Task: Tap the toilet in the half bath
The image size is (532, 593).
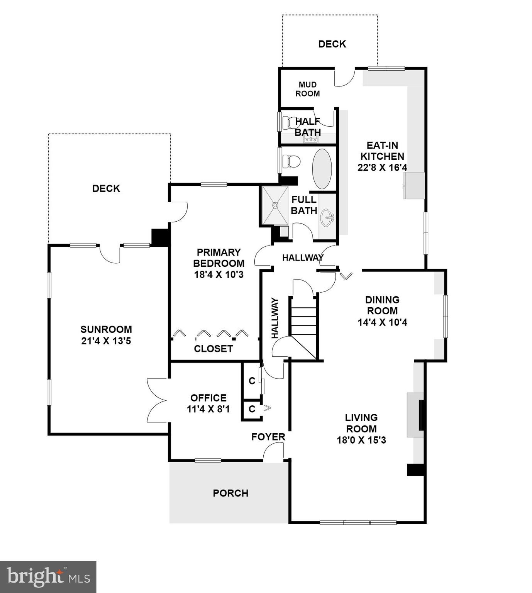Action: point(290,123)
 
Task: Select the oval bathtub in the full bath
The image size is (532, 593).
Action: point(322,169)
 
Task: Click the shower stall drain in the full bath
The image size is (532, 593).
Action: point(275,205)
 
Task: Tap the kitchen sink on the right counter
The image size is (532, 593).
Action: point(414,186)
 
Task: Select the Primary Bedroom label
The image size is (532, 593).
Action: point(219,258)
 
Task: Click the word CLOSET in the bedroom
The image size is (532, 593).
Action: point(213,349)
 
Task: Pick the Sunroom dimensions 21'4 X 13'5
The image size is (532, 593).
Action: point(106,341)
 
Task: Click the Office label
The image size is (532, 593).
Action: point(208,398)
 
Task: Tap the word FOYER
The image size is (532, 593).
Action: point(268,437)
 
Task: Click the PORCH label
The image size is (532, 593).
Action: point(230,493)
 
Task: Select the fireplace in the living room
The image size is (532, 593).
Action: point(416,415)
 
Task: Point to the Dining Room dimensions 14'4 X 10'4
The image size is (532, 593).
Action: point(382,322)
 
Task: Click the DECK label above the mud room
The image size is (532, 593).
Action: point(332,44)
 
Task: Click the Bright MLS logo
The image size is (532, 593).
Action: point(48,577)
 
